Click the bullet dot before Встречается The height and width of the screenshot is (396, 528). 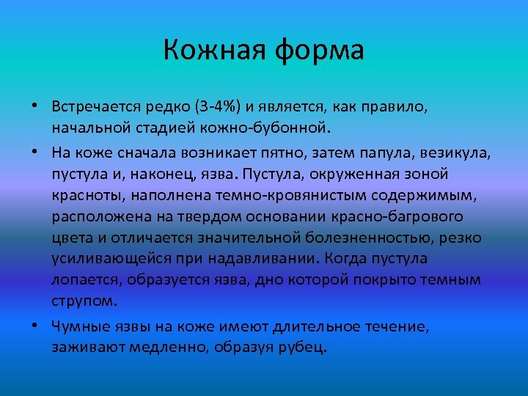[x=34, y=107]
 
